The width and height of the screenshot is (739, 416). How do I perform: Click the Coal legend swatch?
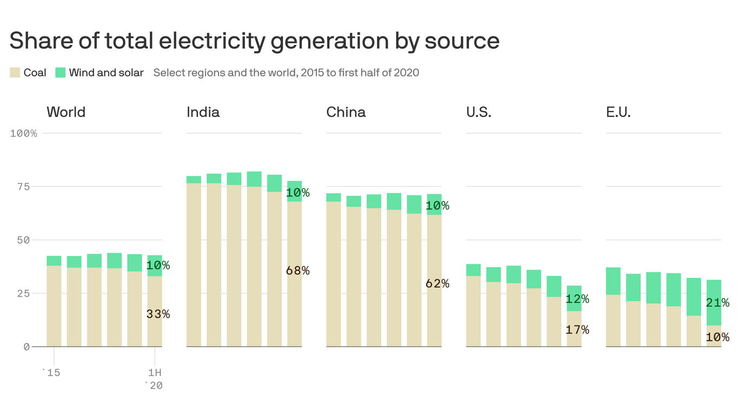(x=15, y=73)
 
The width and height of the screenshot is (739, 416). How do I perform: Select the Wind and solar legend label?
(x=106, y=73)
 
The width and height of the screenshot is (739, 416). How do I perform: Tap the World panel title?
(x=66, y=112)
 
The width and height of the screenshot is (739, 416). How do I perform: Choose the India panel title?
(x=203, y=112)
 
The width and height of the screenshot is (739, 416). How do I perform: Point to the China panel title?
(x=346, y=112)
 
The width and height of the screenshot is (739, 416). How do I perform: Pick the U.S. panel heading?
(x=479, y=112)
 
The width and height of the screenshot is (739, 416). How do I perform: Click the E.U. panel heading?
(x=618, y=112)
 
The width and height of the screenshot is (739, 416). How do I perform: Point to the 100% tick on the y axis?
(x=24, y=133)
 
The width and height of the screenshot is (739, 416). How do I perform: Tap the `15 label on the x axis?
(x=51, y=373)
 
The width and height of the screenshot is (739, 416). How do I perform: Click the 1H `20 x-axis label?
(x=155, y=379)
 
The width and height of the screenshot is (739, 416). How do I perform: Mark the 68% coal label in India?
(x=298, y=271)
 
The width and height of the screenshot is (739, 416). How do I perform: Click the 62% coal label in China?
(x=438, y=283)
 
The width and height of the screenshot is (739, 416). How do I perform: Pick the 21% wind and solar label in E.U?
(x=717, y=303)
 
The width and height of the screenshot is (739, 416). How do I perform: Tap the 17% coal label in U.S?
(x=577, y=329)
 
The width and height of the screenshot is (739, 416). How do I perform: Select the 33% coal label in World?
(x=158, y=314)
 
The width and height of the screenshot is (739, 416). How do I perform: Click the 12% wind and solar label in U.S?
(x=577, y=299)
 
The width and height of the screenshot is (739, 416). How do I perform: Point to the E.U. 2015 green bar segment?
(x=613, y=281)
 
